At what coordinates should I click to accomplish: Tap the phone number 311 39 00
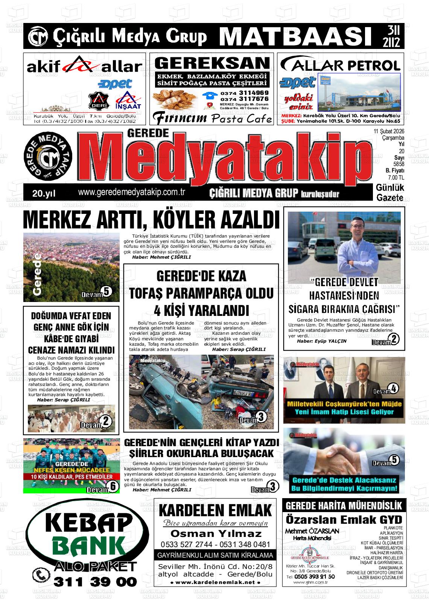[96, 582]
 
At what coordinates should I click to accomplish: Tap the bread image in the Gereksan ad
[175, 100]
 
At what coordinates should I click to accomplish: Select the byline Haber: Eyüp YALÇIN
[322, 341]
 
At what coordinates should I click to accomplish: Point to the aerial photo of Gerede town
[71, 267]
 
